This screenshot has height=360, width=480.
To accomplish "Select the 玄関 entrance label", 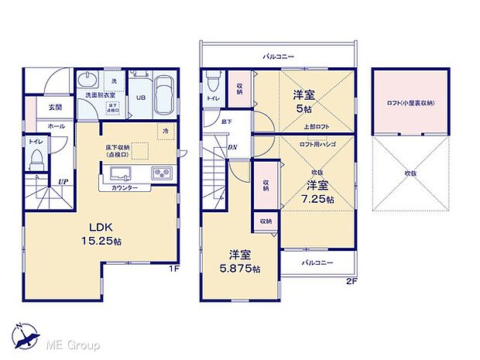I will [x=55, y=108].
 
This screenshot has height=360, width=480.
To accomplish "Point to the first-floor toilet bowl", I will [x=36, y=160].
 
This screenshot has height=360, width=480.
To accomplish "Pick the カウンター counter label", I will [x=125, y=187].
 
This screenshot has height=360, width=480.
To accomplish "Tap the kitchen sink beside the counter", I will [x=163, y=174].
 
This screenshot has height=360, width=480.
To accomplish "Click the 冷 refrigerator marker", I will [x=166, y=132].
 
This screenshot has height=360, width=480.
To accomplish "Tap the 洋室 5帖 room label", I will [x=303, y=101].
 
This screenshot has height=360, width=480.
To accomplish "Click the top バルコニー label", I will [x=278, y=57].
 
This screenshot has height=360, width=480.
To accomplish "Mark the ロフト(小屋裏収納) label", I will [x=410, y=103].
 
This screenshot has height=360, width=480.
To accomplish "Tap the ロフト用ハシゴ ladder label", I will [x=317, y=144].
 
